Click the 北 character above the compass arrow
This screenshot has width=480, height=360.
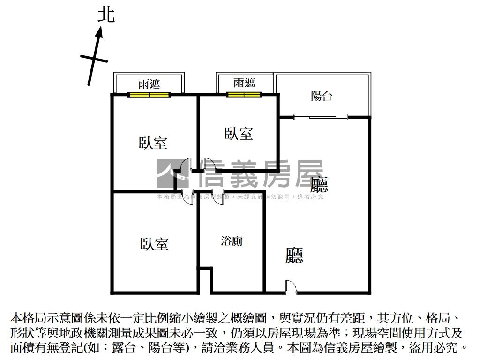(106, 15)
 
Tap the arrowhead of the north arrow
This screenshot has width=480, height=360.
(99, 32)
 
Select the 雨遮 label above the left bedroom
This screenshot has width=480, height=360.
(149, 84)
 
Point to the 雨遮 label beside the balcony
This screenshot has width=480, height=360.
(244, 83)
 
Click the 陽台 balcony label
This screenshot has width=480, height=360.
(322, 96)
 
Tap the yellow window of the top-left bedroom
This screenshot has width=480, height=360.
(149, 95)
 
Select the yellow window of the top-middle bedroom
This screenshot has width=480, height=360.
(244, 95)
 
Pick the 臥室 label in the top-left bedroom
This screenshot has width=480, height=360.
(153, 142)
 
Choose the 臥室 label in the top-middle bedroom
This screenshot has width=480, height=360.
(239, 134)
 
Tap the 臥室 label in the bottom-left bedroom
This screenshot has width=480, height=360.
(154, 244)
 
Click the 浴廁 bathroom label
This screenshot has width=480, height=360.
(232, 241)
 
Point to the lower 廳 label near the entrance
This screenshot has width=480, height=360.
(294, 255)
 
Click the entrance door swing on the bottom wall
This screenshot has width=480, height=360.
(290, 287)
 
